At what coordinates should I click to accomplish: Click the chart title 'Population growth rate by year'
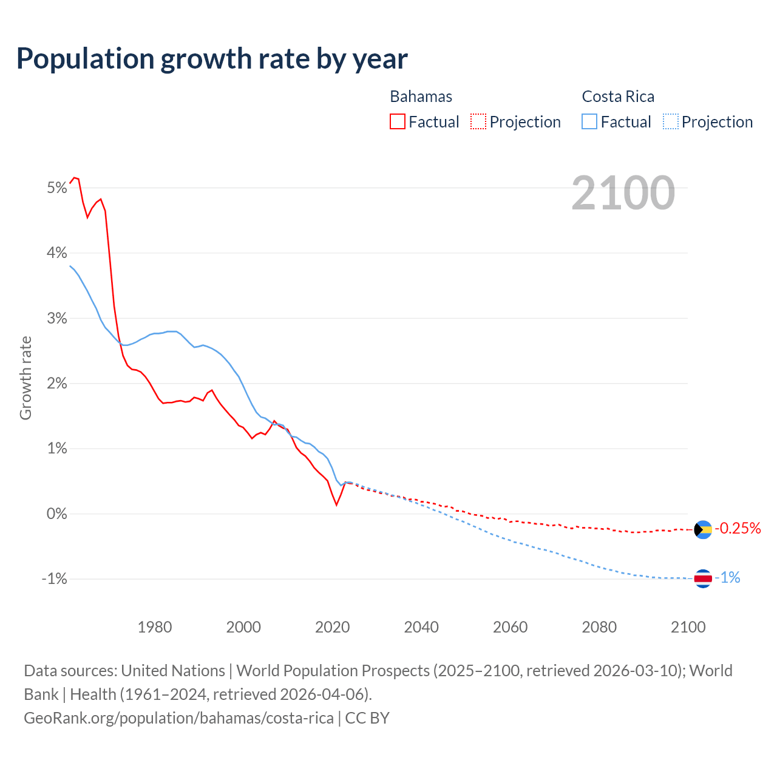pyautogui.click(x=212, y=59)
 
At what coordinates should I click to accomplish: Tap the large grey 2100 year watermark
pyautogui.click(x=623, y=193)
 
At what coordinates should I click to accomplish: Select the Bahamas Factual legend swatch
pyautogui.click(x=398, y=121)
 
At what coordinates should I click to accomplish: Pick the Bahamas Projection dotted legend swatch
pyautogui.click(x=478, y=121)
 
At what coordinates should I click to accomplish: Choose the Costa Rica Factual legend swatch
pyautogui.click(x=589, y=121)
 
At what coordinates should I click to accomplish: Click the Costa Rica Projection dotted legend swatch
pyautogui.click(x=671, y=121)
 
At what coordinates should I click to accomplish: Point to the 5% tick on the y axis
pyautogui.click(x=56, y=188)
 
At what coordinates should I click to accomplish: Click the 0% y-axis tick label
pyautogui.click(x=56, y=514)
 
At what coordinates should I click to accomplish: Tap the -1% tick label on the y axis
pyautogui.click(x=54, y=579)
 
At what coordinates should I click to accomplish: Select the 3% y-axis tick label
pyautogui.click(x=56, y=318)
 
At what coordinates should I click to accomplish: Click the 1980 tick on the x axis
pyautogui.click(x=155, y=627)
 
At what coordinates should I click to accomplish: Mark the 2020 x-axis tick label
pyautogui.click(x=333, y=627)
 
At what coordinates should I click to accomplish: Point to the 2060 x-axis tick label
pyautogui.click(x=511, y=627)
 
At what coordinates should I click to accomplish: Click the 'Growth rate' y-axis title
pyautogui.click(x=25, y=378)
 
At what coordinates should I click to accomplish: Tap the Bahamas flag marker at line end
pyautogui.click(x=703, y=529)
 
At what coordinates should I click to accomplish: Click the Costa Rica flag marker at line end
pyautogui.click(x=703, y=579)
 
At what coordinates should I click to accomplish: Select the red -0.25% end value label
pyautogui.click(x=738, y=529)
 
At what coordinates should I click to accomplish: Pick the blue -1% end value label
pyautogui.click(x=728, y=578)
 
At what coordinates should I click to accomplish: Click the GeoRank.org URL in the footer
pyautogui.click(x=178, y=718)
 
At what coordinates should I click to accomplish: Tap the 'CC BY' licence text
pyautogui.click(x=367, y=718)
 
